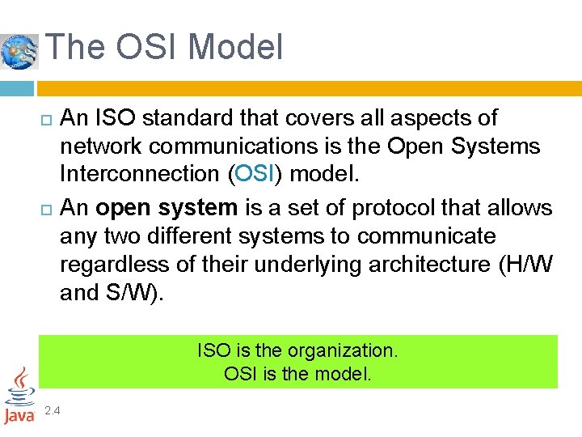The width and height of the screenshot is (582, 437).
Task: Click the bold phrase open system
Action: [167, 208]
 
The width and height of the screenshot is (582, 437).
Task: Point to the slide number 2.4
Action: [53, 411]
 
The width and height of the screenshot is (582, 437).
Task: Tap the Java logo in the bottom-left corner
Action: [19, 397]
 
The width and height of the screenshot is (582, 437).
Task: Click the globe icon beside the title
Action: [19, 51]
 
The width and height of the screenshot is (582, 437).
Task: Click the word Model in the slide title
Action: [240, 47]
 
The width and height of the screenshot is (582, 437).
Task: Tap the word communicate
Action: [426, 236]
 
